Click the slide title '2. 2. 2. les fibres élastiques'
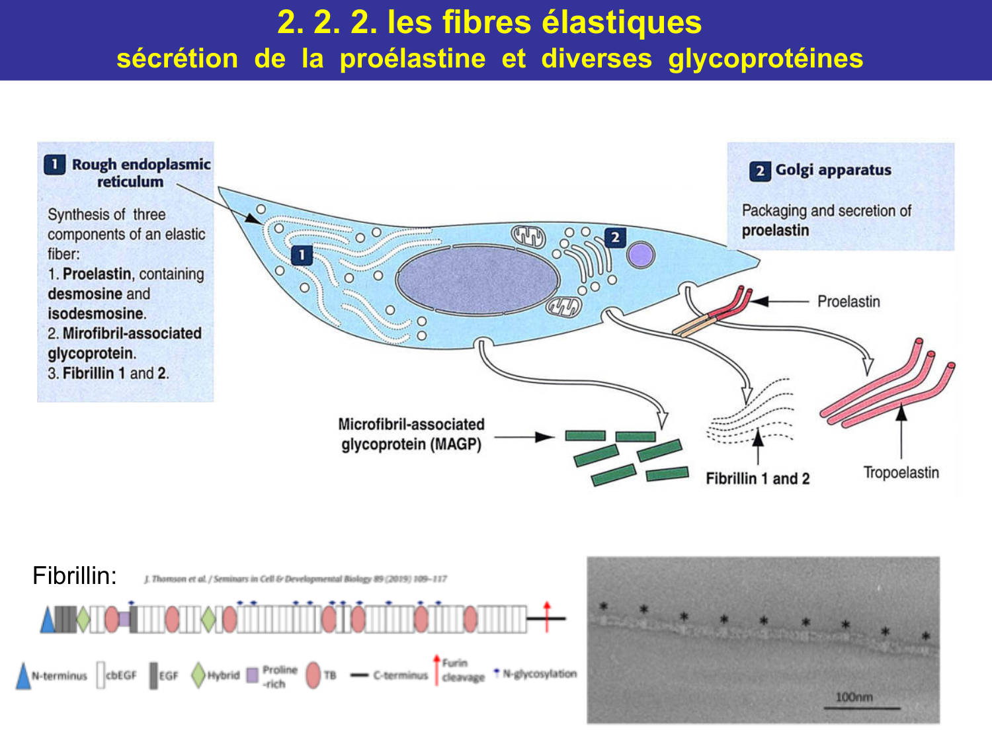click(x=489, y=22)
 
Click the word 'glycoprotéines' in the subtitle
click(x=765, y=59)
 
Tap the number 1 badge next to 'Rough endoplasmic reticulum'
click(x=54, y=164)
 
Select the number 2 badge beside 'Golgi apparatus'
click(x=760, y=171)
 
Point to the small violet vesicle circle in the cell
click(x=640, y=255)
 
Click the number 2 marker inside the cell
click(x=615, y=237)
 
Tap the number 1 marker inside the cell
click(x=302, y=255)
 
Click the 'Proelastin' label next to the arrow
click(x=848, y=302)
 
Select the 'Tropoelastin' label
click(x=901, y=472)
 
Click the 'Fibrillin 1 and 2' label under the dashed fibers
click(x=757, y=478)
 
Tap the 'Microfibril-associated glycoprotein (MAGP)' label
click(x=411, y=434)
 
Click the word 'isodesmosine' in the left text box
click(x=96, y=313)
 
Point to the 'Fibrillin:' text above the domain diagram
click(x=75, y=576)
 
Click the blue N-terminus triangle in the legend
click(x=23, y=677)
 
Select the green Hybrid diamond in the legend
click(x=198, y=675)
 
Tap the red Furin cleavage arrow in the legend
click(x=436, y=669)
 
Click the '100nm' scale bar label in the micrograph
click(x=854, y=697)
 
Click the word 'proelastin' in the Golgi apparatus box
click(x=775, y=231)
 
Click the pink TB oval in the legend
click(x=313, y=675)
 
